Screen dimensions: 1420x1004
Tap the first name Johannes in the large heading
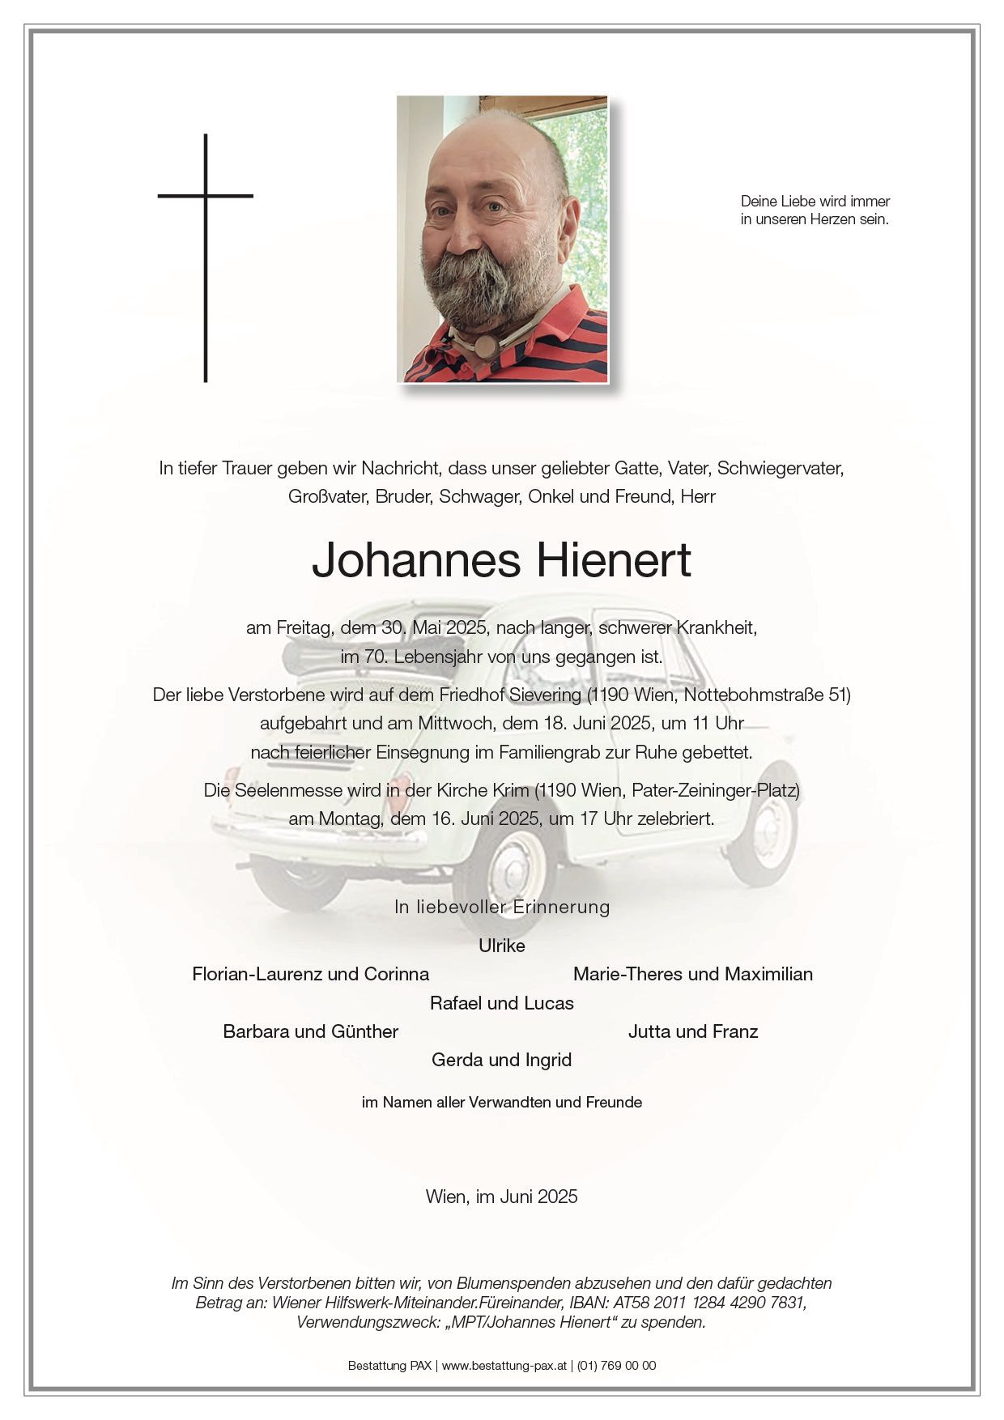point(415,560)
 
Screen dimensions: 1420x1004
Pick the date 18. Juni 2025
point(580,723)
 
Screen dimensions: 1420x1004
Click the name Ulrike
point(501,946)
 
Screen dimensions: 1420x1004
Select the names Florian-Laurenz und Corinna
point(310,974)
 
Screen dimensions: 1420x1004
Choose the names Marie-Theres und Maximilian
point(692,974)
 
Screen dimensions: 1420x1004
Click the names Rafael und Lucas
point(501,1003)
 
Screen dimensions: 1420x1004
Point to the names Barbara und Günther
point(310,1031)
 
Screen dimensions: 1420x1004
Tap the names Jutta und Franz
point(692,1031)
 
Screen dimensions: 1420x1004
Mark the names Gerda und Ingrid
point(501,1060)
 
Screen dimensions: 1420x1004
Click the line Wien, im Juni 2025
point(501,1197)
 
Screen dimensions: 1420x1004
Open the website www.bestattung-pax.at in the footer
point(504,1365)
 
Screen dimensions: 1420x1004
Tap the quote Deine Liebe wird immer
point(815,201)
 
